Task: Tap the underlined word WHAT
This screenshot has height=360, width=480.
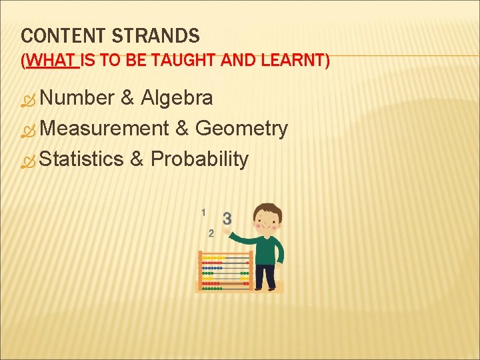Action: [x=51, y=61]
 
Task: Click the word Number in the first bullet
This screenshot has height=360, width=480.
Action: [x=77, y=99]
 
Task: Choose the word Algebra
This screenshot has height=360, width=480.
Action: [x=177, y=99]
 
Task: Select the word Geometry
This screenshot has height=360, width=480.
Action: [x=241, y=128]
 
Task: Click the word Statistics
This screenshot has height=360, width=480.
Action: [x=82, y=159]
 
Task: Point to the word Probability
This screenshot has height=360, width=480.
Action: [x=200, y=159]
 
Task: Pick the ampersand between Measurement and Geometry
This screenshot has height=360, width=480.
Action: [x=182, y=128]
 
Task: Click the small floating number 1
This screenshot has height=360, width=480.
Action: [x=203, y=212]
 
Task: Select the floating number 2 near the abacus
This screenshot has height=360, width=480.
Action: [x=211, y=233]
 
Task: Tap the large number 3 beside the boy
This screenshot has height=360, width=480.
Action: [x=227, y=218]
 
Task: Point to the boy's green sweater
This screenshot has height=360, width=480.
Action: [x=267, y=250]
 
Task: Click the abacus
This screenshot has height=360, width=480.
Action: [x=225, y=271]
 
